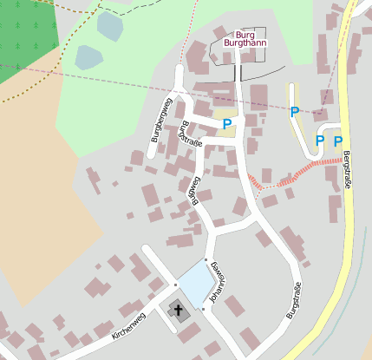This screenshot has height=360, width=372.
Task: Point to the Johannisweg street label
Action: tap(216, 285)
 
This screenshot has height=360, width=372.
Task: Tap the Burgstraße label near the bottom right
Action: tap(294, 301)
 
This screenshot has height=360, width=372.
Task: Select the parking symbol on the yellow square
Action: tap(226, 125)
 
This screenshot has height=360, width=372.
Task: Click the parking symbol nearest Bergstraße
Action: tap(338, 141)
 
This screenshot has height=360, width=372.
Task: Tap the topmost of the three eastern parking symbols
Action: tap(294, 111)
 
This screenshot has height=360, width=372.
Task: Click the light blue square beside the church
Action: tap(194, 282)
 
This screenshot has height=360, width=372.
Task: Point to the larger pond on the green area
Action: tap(88, 57)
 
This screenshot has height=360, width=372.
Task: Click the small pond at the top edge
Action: tap(110, 25)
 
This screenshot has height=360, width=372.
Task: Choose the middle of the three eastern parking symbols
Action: tap(319, 141)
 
